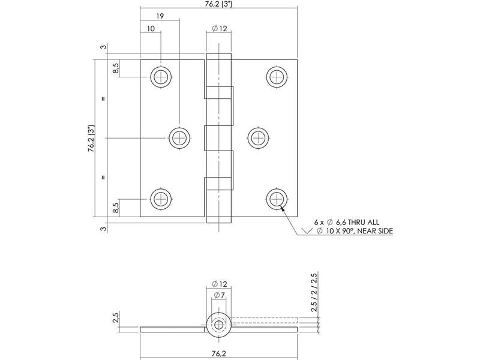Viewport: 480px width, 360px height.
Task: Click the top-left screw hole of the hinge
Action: [160, 77]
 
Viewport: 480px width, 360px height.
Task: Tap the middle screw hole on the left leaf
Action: [179, 138]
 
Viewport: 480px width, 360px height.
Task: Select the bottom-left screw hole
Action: [160, 199]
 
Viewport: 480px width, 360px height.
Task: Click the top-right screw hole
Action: [277, 77]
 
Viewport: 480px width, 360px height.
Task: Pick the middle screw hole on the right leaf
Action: [258, 138]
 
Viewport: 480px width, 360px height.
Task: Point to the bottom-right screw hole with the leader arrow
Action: [277, 199]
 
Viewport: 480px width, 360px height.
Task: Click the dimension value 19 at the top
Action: [160, 16]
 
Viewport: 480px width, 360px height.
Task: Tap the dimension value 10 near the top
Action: [151, 28]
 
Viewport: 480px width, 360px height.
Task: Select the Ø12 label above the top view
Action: [220, 28]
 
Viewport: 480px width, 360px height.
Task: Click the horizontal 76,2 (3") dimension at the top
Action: [218, 4]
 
